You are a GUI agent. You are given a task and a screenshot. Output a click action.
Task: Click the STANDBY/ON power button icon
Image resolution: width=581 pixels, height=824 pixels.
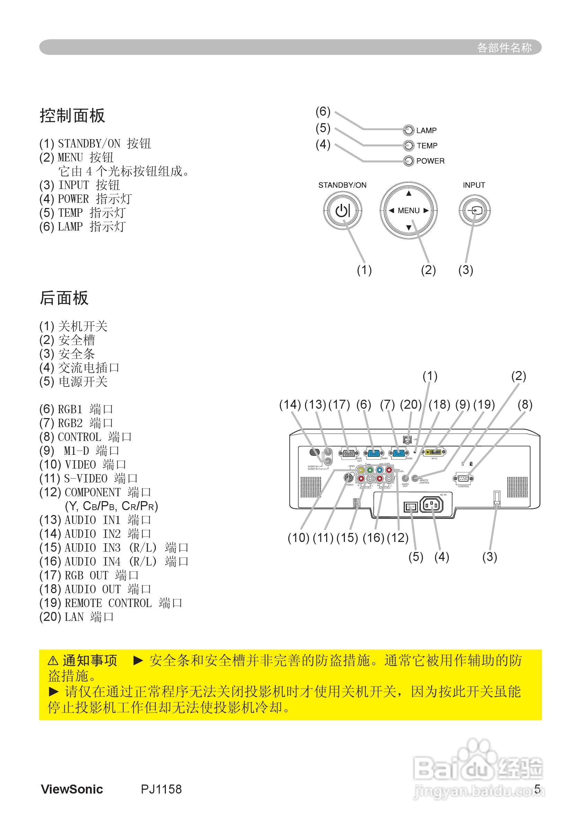point(342,211)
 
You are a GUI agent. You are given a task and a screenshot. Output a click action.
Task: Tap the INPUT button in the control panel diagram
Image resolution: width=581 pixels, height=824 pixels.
point(474,211)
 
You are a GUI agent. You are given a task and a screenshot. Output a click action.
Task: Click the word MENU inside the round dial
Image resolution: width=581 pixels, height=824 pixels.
point(409,211)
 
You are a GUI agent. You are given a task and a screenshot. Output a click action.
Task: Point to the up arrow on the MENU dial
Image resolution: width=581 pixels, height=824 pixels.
point(409,194)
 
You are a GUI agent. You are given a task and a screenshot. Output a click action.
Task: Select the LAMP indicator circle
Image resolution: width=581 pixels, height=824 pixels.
point(408,130)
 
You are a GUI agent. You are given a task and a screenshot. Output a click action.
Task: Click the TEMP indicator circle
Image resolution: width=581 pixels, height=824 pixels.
point(408,145)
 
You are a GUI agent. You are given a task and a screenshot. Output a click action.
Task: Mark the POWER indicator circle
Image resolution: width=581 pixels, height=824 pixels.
point(408,161)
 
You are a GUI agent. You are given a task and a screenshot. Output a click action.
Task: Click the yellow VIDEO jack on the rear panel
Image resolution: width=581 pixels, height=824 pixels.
point(360,470)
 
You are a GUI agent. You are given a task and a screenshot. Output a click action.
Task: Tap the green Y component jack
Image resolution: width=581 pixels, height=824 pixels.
point(370,470)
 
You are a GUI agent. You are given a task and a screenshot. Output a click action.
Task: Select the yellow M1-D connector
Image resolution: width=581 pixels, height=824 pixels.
point(433,452)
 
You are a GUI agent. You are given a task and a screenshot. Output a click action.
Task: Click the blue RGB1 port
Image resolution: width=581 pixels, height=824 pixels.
point(374,453)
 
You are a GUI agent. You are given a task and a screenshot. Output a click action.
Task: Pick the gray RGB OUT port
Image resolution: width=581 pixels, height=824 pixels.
point(349,453)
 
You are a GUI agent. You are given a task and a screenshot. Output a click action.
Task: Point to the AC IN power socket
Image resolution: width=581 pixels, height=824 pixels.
point(431,505)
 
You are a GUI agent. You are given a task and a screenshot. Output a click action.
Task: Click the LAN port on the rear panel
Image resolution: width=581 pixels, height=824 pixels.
point(407,440)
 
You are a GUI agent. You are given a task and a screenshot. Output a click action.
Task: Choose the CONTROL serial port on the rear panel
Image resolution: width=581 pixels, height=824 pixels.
point(463,478)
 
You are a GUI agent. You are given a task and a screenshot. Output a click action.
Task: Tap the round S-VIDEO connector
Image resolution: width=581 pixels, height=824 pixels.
point(348,478)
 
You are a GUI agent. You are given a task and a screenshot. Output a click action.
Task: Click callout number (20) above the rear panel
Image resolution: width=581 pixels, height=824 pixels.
point(410,405)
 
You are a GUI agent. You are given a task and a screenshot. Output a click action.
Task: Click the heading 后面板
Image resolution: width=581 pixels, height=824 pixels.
point(64,298)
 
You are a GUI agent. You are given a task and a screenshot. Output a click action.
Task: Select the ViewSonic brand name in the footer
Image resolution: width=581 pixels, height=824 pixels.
point(72,789)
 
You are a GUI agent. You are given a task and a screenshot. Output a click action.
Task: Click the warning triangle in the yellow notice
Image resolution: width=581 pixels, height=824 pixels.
point(53,660)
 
